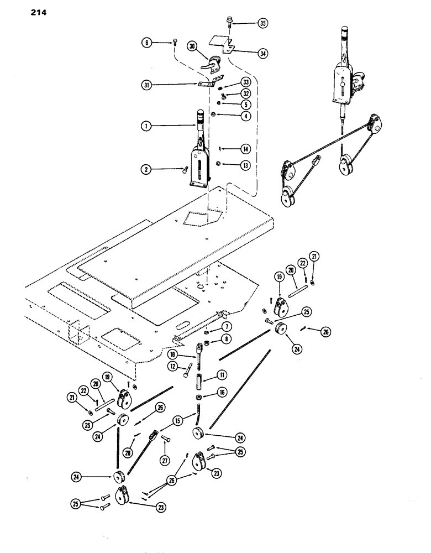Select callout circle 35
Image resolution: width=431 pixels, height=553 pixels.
pos(262,23)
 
